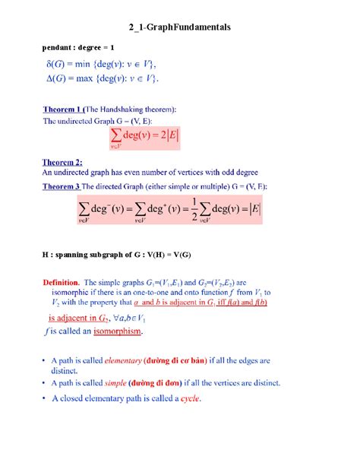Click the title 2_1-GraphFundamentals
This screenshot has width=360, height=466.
click(x=180, y=27)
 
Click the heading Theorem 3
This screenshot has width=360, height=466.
click(x=62, y=185)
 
